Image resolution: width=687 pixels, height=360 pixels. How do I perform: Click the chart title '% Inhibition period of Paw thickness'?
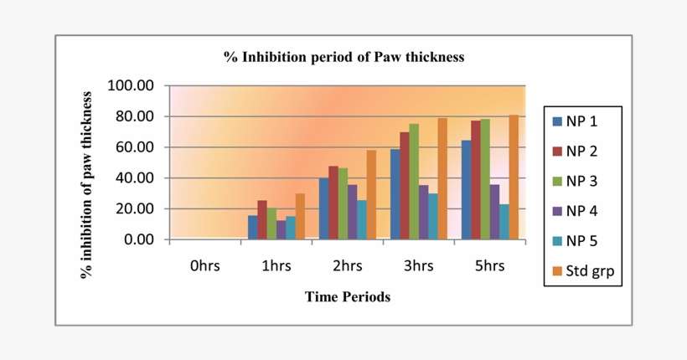[343, 58]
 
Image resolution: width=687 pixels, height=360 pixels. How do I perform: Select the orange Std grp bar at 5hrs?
[514, 177]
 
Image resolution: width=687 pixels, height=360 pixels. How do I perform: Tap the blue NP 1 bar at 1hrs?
[252, 228]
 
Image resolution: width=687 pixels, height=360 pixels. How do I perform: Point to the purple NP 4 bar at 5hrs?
[494, 212]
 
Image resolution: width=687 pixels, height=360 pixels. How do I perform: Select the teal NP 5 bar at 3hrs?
[432, 217]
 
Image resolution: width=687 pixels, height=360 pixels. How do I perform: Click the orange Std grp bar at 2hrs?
[371, 195]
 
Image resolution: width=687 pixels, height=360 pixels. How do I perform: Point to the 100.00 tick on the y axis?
[132, 85]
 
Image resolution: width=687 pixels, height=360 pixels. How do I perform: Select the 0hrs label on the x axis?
[205, 266]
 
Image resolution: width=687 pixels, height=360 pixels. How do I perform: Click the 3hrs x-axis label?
[418, 266]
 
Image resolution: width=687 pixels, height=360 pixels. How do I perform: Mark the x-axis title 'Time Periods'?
[347, 296]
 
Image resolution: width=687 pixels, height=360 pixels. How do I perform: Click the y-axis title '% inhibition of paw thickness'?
[86, 183]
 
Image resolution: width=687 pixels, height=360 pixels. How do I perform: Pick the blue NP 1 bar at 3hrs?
[395, 194]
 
